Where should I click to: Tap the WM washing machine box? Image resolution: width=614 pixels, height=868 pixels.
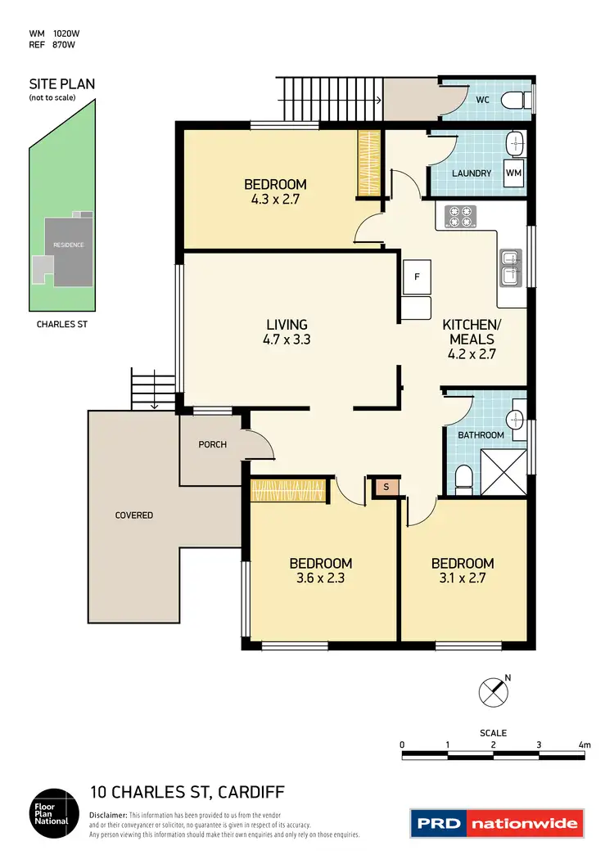[513, 173]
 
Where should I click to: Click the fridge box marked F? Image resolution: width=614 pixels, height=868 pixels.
[417, 277]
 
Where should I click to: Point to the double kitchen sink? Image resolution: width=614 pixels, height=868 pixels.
[508, 268]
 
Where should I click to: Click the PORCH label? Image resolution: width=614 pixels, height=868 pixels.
[212, 444]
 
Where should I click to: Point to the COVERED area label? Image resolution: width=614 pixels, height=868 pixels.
[134, 515]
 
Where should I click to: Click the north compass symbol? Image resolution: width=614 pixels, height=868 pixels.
[492, 692]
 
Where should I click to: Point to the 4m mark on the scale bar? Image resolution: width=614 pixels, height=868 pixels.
[584, 744]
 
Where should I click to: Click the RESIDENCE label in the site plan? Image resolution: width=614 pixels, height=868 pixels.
[68, 245]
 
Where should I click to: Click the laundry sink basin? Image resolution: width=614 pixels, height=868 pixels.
[515, 144]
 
